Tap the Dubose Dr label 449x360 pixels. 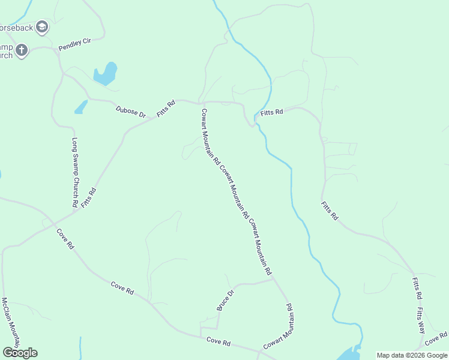[131, 111]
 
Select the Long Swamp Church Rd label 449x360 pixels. [75, 173]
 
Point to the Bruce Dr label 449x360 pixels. [225, 301]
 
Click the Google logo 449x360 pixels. [19, 353]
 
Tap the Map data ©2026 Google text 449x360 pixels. [412, 355]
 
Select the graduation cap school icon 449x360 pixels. [42, 26]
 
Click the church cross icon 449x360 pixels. [21, 50]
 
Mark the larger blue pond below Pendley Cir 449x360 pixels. [106, 74]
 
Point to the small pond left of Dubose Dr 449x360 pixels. [80, 107]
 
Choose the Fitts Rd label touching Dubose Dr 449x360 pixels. [166, 109]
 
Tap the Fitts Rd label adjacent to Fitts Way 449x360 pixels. [417, 288]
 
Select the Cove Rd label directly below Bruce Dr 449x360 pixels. [218, 341]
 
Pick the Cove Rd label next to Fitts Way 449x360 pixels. [436, 339]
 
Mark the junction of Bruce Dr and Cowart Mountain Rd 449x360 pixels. [273, 278]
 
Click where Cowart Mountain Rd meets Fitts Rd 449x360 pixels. [201, 103]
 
